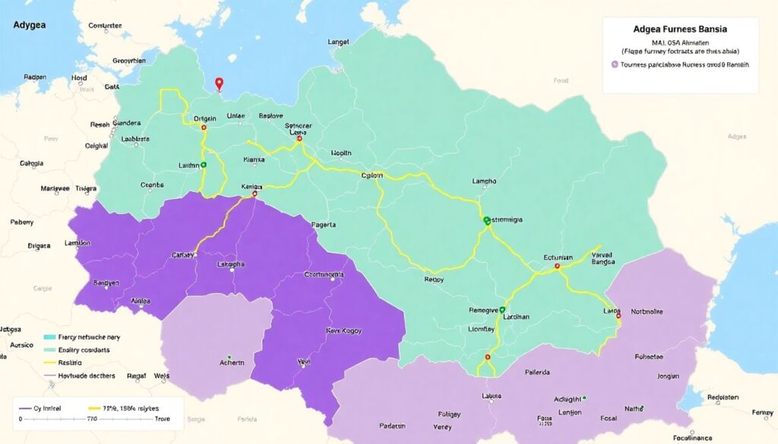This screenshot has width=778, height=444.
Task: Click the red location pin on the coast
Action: [x=220, y=83]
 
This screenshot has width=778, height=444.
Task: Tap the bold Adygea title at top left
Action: [x=29, y=25]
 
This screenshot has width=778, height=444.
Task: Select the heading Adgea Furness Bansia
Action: [x=679, y=28]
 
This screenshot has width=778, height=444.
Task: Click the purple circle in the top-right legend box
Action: [x=614, y=65]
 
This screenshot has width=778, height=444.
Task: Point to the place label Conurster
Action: [x=105, y=25]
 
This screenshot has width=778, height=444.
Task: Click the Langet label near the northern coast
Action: [x=338, y=43]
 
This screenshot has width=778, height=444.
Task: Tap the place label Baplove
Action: [x=270, y=116]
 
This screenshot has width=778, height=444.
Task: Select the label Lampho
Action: [x=484, y=181]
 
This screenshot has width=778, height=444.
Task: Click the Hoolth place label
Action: [x=341, y=153]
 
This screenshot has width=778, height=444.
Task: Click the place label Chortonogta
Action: [x=324, y=275]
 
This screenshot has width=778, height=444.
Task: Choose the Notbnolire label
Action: [x=647, y=311]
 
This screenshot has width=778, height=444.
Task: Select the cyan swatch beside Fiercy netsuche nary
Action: [x=50, y=336]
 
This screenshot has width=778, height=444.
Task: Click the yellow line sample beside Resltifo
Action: [x=50, y=363]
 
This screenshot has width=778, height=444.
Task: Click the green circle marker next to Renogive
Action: [x=502, y=310]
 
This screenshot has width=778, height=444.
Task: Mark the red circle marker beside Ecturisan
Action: [x=557, y=266]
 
